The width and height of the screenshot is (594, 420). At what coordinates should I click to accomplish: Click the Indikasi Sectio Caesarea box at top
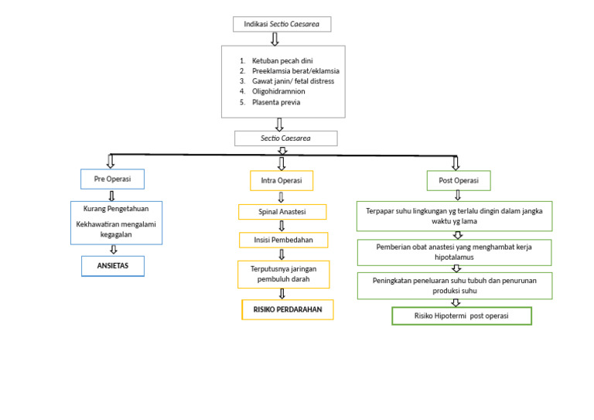(282, 25)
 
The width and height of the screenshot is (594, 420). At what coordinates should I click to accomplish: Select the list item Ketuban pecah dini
(282, 60)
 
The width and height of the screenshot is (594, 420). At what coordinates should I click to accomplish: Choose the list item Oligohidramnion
(278, 91)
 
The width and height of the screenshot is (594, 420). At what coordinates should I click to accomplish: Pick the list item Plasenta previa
(276, 102)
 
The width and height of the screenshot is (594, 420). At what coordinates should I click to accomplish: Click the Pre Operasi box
(112, 179)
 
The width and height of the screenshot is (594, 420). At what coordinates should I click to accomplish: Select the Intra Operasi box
(282, 181)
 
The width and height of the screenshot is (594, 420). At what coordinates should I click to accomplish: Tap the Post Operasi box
(458, 180)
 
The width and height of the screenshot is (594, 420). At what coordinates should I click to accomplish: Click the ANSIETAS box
(113, 265)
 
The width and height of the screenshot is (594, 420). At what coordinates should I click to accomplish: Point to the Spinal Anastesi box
(282, 212)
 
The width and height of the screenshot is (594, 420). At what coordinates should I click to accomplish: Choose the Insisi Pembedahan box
(283, 240)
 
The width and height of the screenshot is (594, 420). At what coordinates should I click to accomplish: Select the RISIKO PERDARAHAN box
(287, 309)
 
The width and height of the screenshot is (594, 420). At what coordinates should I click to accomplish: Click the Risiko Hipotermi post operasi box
(461, 316)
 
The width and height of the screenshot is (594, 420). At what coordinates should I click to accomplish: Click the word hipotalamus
(454, 258)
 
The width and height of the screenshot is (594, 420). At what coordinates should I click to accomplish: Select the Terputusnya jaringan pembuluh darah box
(283, 274)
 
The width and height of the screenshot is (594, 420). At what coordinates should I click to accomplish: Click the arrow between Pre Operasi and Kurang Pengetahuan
(112, 196)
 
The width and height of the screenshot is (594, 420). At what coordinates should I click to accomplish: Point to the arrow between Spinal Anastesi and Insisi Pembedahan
(282, 226)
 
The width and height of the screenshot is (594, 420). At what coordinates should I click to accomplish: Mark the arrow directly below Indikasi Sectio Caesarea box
(275, 39)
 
